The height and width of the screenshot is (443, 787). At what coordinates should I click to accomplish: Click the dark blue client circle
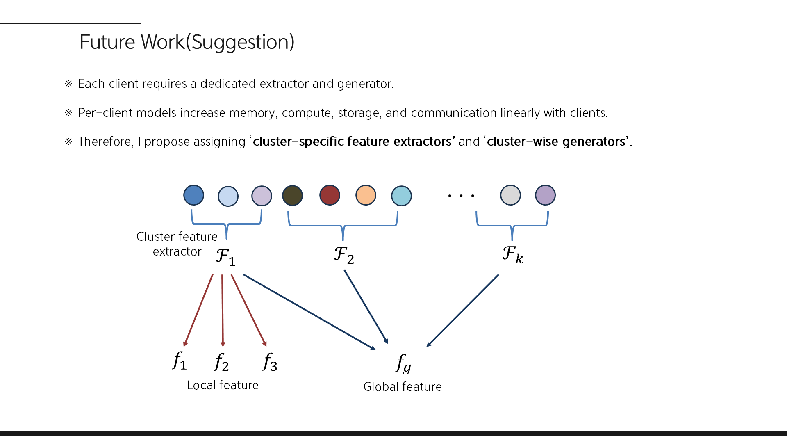coord(193,195)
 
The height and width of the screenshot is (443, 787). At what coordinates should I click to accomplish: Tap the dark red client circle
coord(330,195)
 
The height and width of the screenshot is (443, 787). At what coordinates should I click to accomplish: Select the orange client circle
coord(366,195)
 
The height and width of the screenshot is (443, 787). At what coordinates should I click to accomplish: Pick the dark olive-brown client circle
coord(292,196)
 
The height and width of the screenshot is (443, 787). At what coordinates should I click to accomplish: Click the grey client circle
coord(510,195)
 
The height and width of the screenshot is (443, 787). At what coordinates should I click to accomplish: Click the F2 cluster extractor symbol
coord(343,255)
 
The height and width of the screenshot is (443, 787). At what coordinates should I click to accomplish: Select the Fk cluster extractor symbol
coord(512,254)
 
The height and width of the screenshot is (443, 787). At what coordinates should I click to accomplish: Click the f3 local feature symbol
coord(270,362)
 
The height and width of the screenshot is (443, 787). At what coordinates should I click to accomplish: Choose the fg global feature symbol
coord(403,363)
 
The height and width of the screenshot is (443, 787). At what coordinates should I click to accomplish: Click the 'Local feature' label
coord(223,385)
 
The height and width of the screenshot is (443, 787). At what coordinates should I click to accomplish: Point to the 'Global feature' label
coord(403,387)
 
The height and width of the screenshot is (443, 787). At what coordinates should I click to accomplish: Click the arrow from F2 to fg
coord(366,307)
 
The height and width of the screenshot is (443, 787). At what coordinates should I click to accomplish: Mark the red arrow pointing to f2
coord(223,311)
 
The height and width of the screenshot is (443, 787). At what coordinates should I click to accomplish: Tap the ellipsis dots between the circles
coord(461,196)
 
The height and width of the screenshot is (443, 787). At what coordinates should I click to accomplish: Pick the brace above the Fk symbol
coord(512,225)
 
